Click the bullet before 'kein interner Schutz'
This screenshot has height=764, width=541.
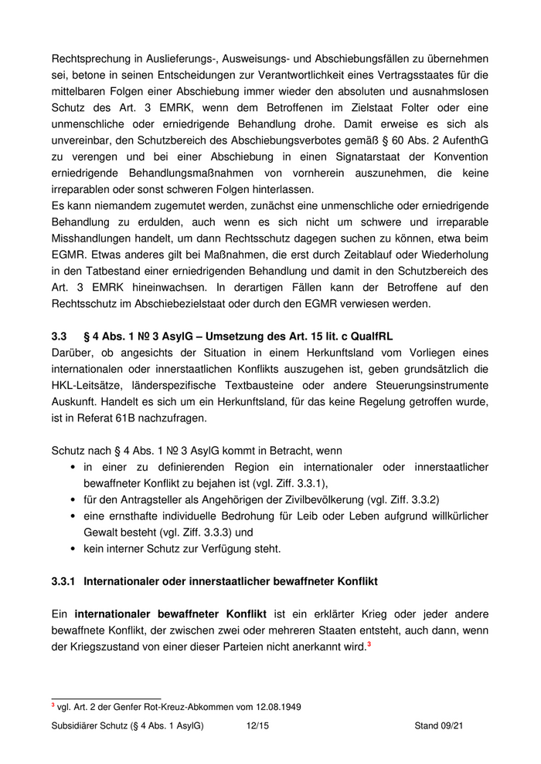tap(73, 549)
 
